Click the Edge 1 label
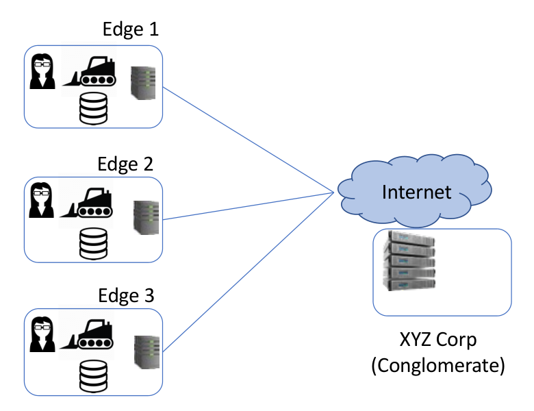131,29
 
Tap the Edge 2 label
125,164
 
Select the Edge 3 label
127,295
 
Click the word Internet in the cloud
416,192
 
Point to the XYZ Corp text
438,340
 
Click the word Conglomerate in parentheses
438,365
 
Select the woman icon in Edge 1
42,71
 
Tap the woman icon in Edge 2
42,200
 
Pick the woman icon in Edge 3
42,334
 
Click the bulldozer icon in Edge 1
89,71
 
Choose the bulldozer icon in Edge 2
86,203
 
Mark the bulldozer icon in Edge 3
86,334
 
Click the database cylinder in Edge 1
93,108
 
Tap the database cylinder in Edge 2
93,244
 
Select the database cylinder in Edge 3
93,376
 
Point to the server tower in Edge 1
143,83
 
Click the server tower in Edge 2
146,217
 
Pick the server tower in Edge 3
147,352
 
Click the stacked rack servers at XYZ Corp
409,261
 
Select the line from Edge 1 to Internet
249,140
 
